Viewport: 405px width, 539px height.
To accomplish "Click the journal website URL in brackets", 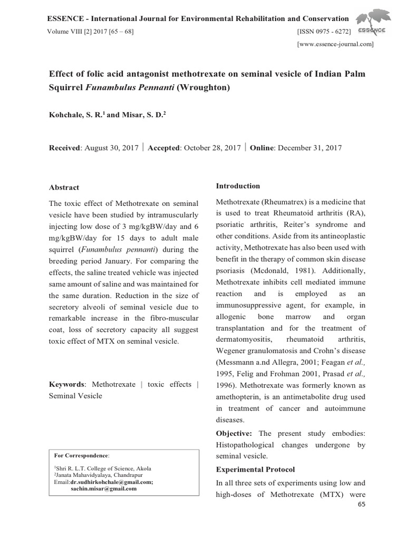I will click(x=335, y=45).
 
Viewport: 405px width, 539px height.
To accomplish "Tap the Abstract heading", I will click(x=64, y=187).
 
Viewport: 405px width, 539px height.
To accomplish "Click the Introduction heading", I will click(x=238, y=186).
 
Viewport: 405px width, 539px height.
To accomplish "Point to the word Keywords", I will click(x=66, y=384).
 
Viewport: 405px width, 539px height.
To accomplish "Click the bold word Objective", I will click(x=234, y=433).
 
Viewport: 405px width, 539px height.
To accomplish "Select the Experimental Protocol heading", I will click(x=255, y=469).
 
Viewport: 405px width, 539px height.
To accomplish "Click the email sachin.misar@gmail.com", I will click(x=103, y=488).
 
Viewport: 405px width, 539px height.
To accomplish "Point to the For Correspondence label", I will click(x=82, y=455).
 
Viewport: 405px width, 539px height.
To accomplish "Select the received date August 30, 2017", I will click(x=111, y=148).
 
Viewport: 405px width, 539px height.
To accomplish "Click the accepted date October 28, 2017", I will click(x=211, y=148).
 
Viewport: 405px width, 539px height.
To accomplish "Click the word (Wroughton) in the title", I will click(x=204, y=87).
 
